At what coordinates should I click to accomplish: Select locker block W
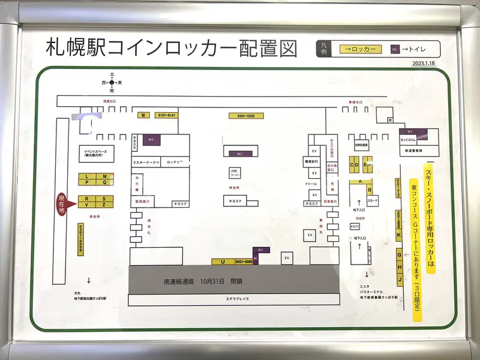click(143, 115)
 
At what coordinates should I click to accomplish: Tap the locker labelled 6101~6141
click(167, 115)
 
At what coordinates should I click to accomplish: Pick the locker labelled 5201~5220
click(242, 115)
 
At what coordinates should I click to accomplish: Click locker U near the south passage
click(223, 262)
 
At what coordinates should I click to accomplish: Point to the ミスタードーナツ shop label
click(146, 163)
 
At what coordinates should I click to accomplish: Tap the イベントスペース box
click(95, 153)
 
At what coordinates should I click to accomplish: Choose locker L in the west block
click(87, 176)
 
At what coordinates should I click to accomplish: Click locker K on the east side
click(399, 235)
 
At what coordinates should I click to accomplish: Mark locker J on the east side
click(399, 280)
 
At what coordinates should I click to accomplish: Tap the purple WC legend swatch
click(394, 49)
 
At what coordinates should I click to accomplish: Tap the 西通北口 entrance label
click(112, 102)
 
